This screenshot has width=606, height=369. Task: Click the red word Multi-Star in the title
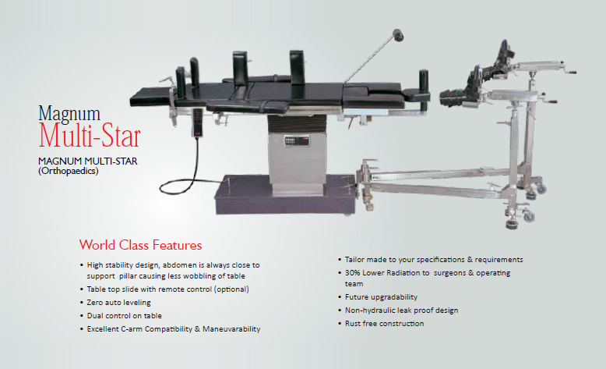click(90, 136)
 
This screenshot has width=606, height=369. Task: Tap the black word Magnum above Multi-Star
click(69, 113)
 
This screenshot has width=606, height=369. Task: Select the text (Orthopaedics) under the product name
click(69, 171)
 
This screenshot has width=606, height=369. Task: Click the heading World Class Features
click(141, 245)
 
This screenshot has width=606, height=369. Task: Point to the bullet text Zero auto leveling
click(118, 303)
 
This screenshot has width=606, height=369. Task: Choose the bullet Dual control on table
click(124, 316)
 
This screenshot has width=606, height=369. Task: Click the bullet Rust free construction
click(384, 323)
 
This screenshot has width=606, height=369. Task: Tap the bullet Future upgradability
click(381, 297)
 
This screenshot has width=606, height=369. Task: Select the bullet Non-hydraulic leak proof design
click(402, 310)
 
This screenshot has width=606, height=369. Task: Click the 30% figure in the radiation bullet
click(353, 272)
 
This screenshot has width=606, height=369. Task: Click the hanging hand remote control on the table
click(197, 122)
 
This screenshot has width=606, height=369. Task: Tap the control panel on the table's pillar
click(298, 140)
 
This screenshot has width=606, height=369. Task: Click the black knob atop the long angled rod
click(398, 35)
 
